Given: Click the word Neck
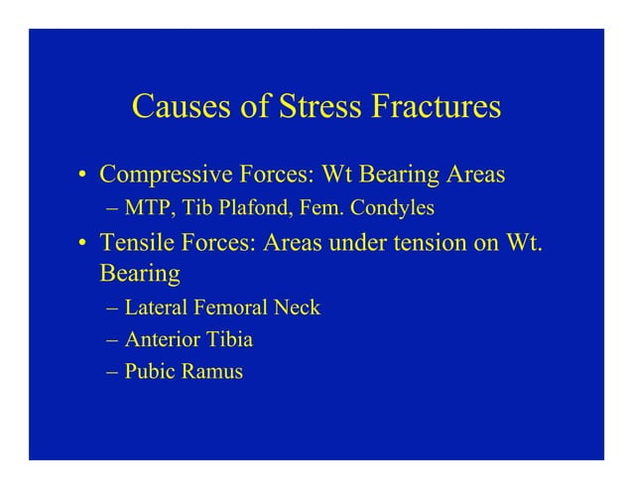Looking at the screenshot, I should click(x=297, y=307).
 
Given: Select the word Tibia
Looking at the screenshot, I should click(x=228, y=340).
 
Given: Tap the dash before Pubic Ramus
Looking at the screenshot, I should click(x=113, y=374).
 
